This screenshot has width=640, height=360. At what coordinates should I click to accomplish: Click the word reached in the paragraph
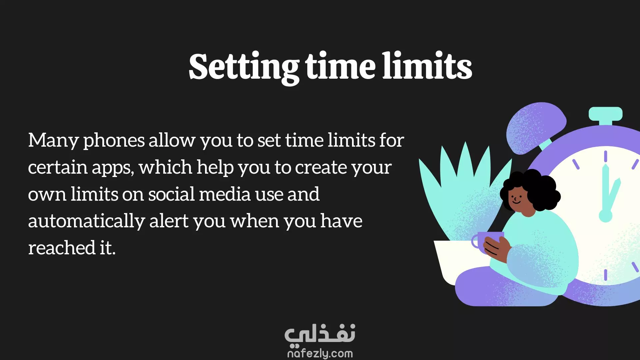pyautogui.click(x=62, y=248)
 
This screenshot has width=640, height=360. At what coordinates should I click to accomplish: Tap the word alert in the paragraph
pyautogui.click(x=169, y=221)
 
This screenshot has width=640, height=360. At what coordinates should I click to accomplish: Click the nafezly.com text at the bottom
pyautogui.click(x=320, y=353)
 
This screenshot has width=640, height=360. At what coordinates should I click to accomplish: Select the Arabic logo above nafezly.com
pyautogui.click(x=320, y=334)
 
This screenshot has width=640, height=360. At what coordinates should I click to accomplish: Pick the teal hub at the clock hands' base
pyautogui.click(x=605, y=216)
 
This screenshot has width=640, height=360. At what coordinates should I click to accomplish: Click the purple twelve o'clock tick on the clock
pyautogui.click(x=605, y=156)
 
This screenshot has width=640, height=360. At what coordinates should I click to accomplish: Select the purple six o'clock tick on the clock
pyautogui.click(x=605, y=275)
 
